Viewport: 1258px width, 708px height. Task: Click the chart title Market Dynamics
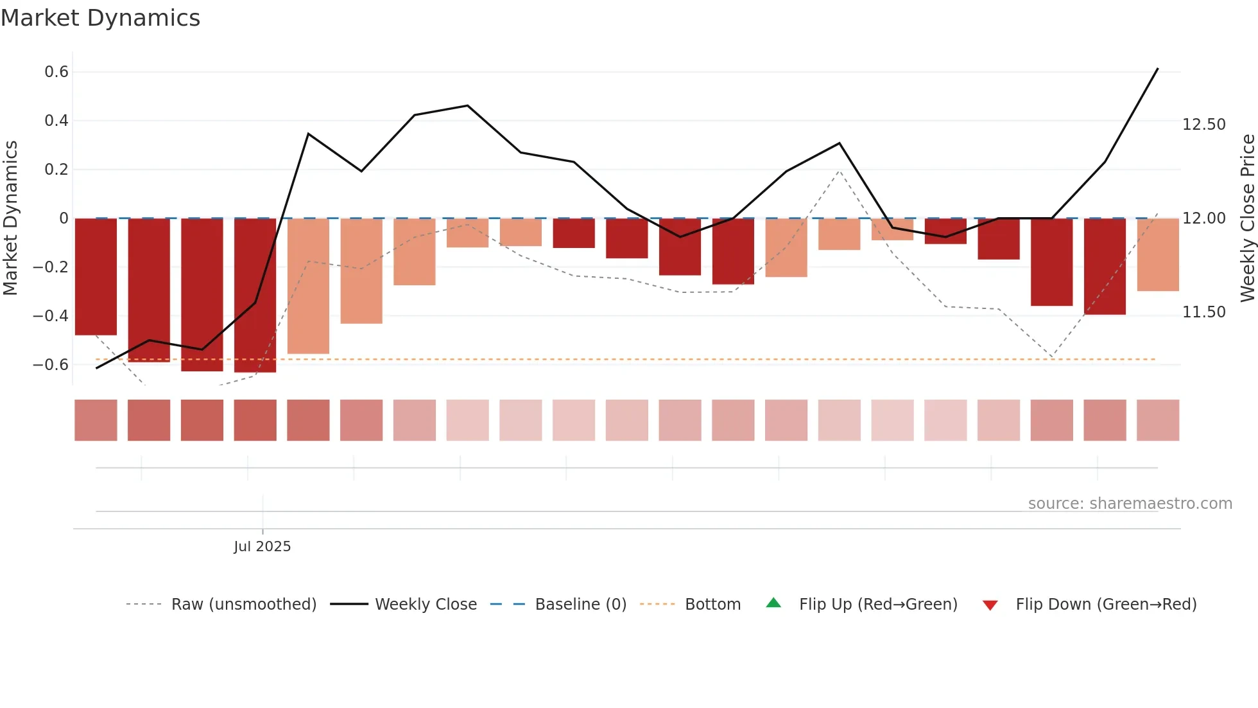(100, 18)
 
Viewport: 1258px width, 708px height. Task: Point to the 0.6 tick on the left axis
(56, 72)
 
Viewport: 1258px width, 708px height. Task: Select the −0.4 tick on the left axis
(51, 315)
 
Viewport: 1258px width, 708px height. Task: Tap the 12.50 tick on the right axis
(1203, 125)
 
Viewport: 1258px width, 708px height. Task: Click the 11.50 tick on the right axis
(1203, 312)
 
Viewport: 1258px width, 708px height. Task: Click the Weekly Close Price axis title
(1247, 218)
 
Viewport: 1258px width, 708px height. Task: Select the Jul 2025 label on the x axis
(262, 547)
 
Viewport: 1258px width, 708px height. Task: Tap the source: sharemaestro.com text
(1130, 504)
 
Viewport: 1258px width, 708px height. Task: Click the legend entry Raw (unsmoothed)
(243, 605)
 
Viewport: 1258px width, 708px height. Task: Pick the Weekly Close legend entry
(426, 605)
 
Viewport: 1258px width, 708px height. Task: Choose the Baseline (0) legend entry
(580, 605)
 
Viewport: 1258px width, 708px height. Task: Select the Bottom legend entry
(712, 605)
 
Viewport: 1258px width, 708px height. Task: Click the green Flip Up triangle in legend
(773, 603)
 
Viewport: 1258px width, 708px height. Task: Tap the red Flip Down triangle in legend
(990, 605)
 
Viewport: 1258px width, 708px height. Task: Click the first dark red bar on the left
(96, 276)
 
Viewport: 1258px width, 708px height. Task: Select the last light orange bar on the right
(1157, 254)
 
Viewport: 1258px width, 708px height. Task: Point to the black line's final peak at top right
(1157, 69)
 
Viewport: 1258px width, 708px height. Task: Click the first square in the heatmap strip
(96, 420)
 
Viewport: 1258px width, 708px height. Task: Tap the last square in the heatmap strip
(1157, 420)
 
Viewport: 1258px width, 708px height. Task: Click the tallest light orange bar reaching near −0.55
(308, 286)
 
